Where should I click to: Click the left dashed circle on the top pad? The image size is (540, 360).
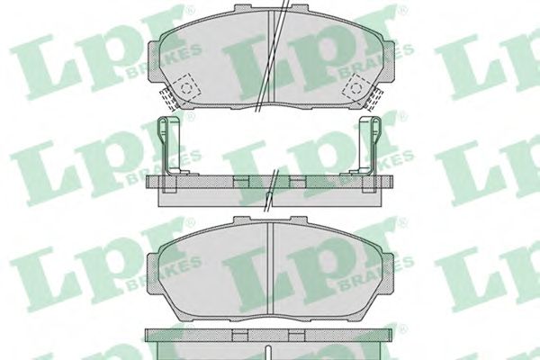tap(187, 88)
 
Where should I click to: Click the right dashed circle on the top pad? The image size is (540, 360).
tap(356, 88)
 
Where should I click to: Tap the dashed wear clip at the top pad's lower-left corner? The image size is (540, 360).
tap(167, 98)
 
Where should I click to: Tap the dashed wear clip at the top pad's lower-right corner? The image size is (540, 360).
tap(374, 98)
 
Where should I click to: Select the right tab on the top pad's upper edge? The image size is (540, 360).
tap(299, 8)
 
